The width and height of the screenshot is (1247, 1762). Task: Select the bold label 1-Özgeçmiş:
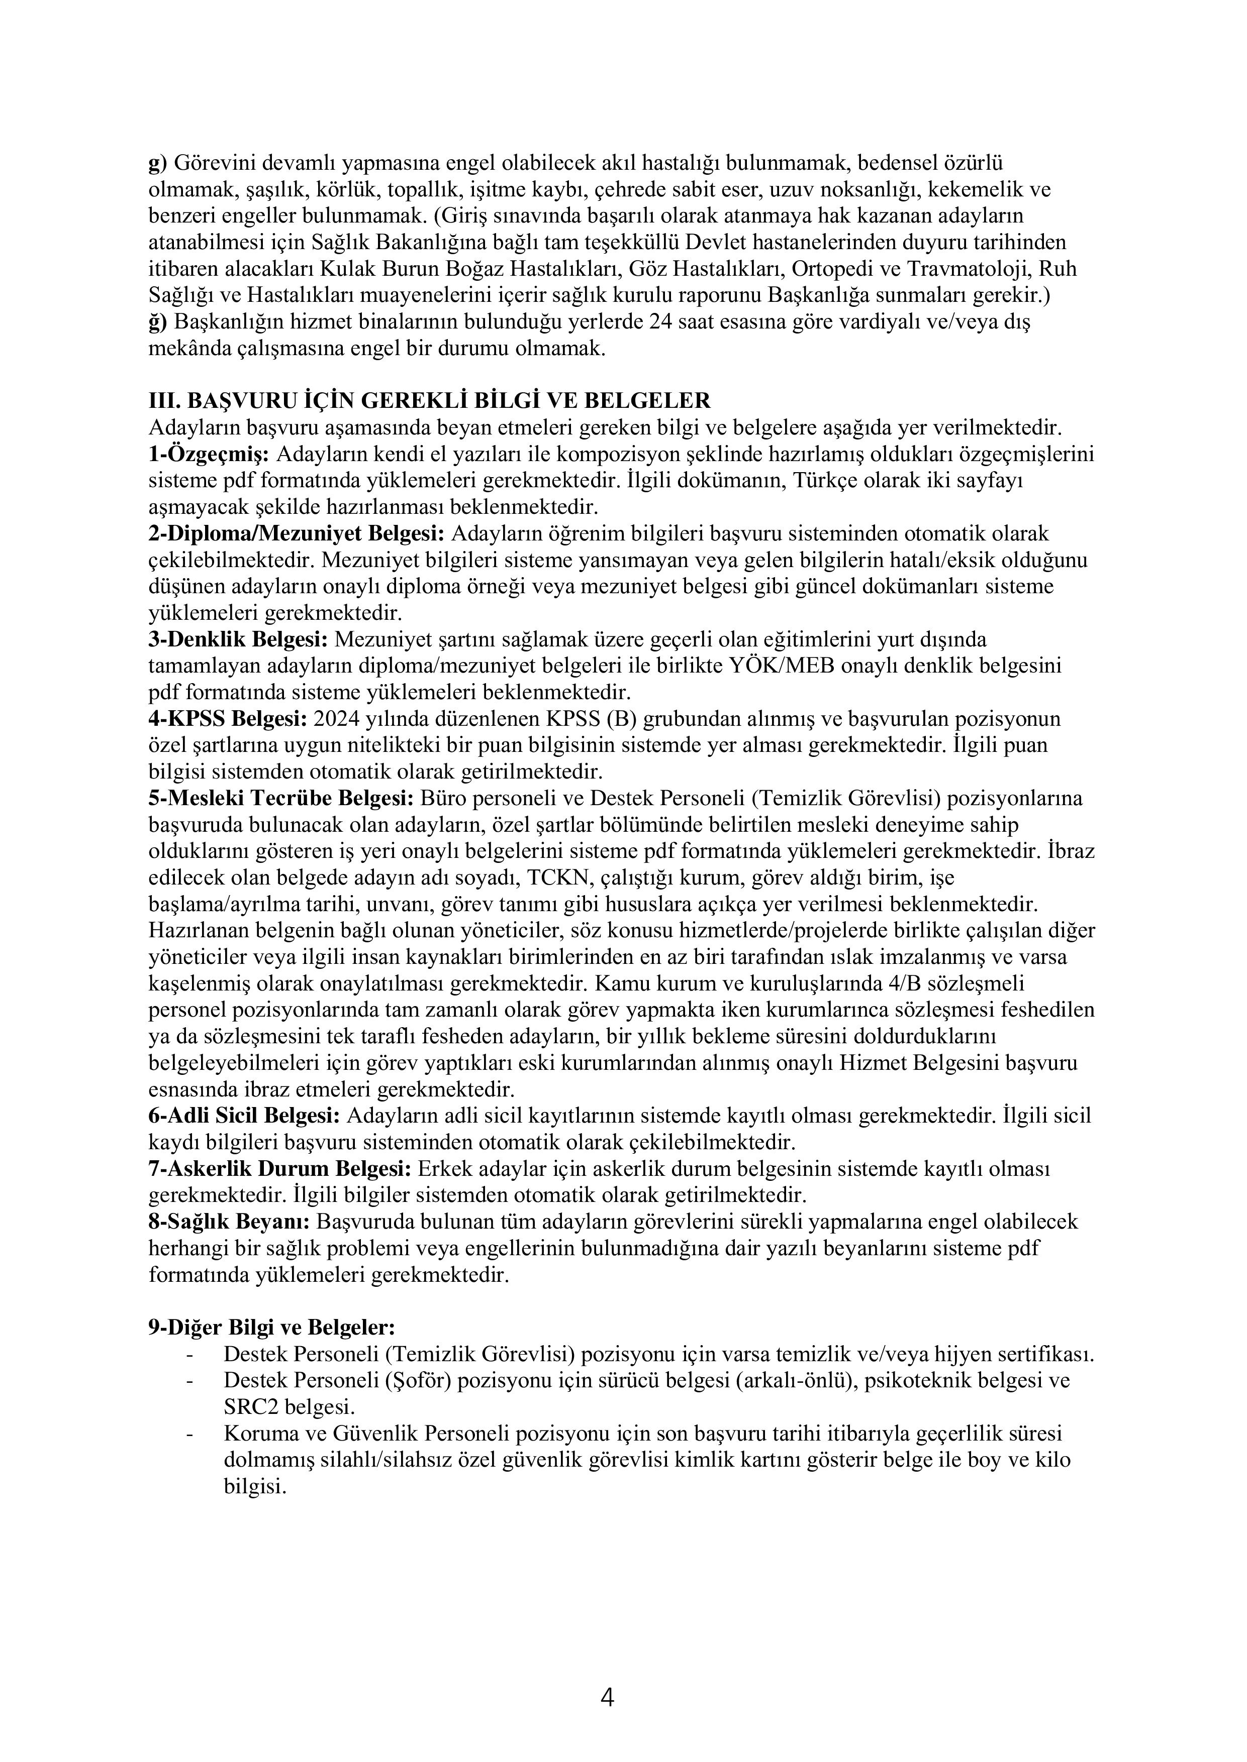[x=209, y=455]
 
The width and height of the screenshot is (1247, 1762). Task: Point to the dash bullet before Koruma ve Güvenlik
[x=189, y=1434]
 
